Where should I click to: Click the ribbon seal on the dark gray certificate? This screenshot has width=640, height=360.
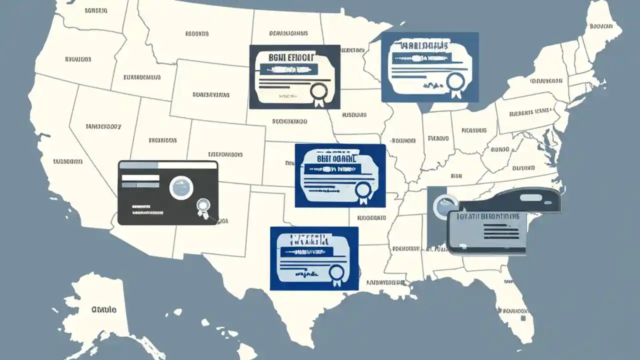point(318,92)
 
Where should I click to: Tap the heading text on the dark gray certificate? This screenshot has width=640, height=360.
point(285,57)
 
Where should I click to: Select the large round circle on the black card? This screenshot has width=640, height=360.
point(181,188)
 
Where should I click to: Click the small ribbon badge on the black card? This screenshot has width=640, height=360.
point(202,205)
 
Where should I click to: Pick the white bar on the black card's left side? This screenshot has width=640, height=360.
point(140,177)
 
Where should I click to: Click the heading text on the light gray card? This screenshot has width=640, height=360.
point(488,217)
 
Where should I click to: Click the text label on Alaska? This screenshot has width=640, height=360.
point(104,310)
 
